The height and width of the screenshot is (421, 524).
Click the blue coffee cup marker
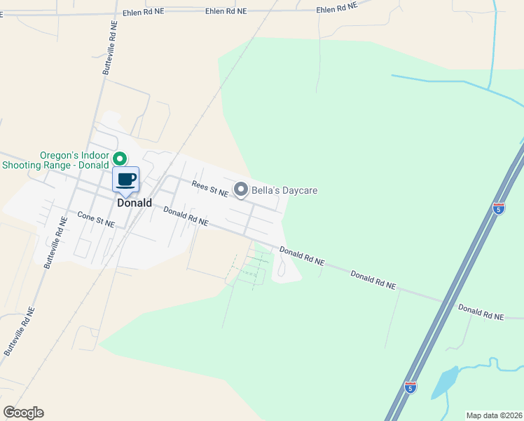(126, 180)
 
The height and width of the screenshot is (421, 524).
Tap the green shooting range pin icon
(120, 159)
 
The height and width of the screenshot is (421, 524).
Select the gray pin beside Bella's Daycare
(241, 189)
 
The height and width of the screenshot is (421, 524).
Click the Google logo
(23, 412)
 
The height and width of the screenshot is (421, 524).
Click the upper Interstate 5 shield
(498, 208)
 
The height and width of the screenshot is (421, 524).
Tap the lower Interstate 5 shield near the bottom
(411, 387)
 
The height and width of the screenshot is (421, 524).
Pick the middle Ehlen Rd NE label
(226, 11)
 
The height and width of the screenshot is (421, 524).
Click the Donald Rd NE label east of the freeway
(481, 312)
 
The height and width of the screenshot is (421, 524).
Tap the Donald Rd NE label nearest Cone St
(186, 216)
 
